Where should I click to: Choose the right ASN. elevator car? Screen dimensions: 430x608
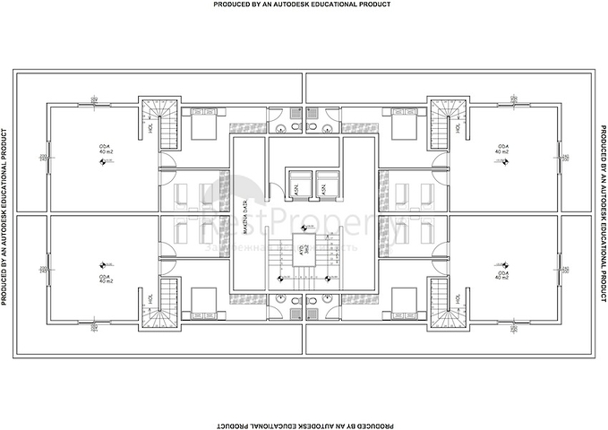327,185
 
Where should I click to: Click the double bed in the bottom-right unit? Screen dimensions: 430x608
404,302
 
